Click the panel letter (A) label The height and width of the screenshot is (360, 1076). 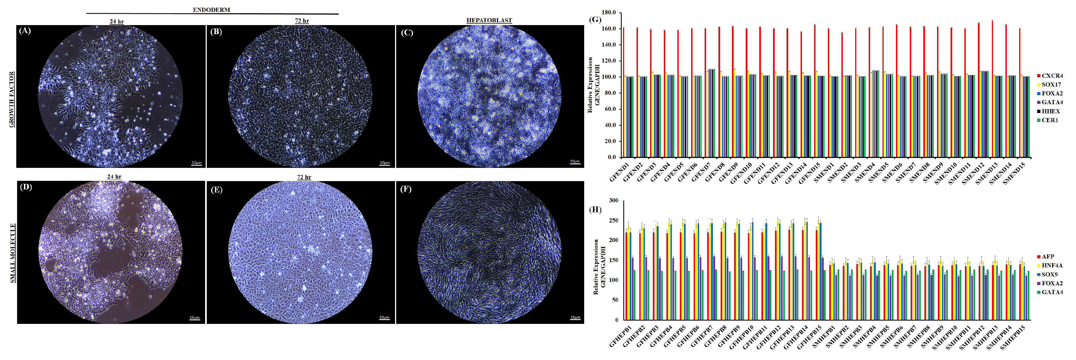[x=25, y=31]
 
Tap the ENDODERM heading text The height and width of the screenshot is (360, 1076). [x=211, y=10]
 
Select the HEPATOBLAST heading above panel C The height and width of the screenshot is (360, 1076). [x=489, y=20]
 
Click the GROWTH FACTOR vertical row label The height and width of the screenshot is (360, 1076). [x=12, y=100]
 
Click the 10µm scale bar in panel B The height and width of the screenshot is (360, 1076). [x=384, y=163]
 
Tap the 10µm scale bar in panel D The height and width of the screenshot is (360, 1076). [x=194, y=318]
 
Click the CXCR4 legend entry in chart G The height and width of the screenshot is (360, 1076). [x=1051, y=76]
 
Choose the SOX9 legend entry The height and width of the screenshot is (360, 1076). [x=1049, y=274]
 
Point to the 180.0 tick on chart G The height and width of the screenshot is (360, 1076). [x=609, y=12]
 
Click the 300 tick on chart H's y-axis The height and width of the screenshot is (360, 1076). [x=613, y=200]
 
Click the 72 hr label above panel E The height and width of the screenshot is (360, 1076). [x=304, y=177]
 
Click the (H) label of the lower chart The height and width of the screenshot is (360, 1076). [x=595, y=209]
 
